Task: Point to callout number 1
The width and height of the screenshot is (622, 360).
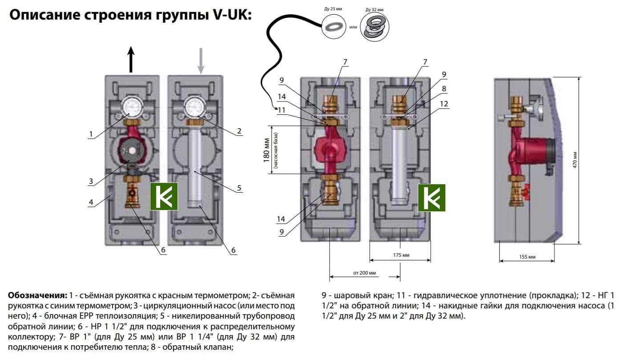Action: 90,134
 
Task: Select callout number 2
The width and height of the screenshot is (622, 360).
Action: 239,131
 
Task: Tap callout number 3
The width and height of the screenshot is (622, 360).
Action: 90,182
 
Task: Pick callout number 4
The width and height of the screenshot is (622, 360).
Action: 90,202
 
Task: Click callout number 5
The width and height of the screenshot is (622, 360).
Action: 239,188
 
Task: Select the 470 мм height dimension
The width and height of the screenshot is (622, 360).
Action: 588,160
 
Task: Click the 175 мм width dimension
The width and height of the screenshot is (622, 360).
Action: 401,255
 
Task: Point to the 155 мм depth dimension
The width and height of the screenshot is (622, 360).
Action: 527,257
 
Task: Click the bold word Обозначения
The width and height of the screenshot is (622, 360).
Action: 37,295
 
